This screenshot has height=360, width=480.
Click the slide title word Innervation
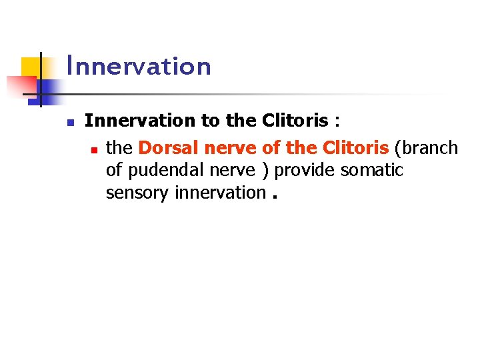139,67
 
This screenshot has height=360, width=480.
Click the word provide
305,171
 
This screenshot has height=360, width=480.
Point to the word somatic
372,171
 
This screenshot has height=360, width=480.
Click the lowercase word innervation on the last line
220,193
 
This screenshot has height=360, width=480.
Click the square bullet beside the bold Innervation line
69,123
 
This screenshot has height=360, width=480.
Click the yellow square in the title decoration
31,67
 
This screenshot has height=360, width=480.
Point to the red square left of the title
20,85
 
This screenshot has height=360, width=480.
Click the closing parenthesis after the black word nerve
266,171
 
